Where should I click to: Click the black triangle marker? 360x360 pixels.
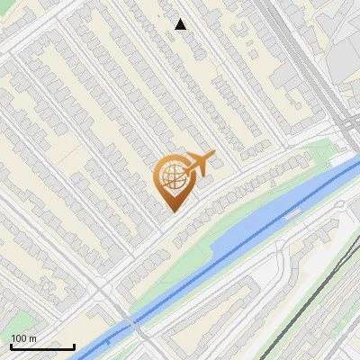tap(181, 24)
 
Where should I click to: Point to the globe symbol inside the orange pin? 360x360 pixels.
tap(172, 176)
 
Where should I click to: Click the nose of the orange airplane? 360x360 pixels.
tap(214, 154)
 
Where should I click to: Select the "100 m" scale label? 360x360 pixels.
tap(23, 337)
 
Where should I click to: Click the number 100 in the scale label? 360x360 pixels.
tap(19, 337)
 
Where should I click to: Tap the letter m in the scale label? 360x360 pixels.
tap(32, 337)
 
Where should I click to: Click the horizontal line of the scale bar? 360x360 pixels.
tap(42, 346)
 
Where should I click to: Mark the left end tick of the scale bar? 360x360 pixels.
tap(11, 345)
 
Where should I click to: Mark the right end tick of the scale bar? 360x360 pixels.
tap(74, 345)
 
